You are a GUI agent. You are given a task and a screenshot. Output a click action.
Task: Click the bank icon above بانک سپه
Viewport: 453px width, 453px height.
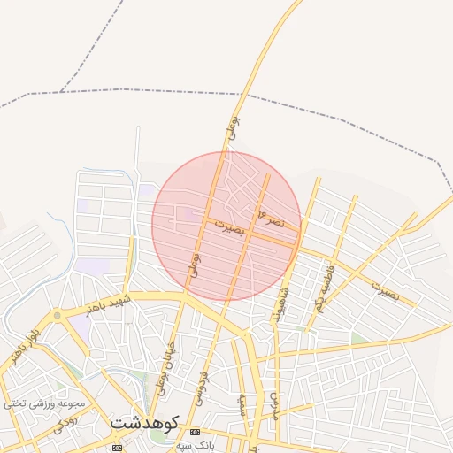pyautogui.click(x=196, y=431)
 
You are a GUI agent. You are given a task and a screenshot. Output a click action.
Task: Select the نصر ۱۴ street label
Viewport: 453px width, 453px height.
pyautogui.click(x=271, y=217)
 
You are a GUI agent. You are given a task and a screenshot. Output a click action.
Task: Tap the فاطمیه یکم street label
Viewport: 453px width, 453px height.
pyautogui.click(x=325, y=285)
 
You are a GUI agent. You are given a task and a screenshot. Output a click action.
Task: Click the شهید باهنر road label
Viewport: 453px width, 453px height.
pyautogui.click(x=108, y=305)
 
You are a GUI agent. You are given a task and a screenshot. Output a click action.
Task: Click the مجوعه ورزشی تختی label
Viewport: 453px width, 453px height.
pyautogui.click(x=44, y=404)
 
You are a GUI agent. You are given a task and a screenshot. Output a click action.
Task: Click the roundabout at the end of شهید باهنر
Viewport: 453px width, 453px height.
pyautogui.click(x=58, y=315)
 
